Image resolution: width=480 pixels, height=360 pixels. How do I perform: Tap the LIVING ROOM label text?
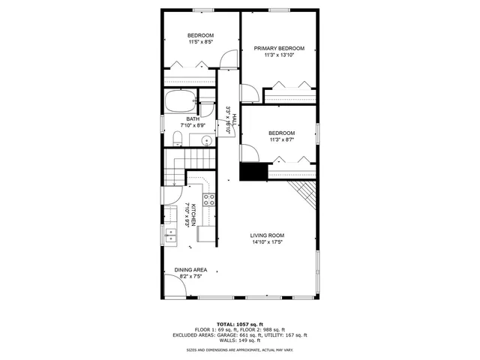(267, 235)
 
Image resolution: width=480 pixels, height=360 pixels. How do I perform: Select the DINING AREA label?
(190, 270)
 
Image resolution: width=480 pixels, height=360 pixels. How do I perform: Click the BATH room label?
(193, 118)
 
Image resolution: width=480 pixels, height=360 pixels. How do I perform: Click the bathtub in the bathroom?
(179, 100)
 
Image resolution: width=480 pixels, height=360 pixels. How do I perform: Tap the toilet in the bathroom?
(177, 138)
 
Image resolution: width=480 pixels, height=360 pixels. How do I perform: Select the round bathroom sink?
(205, 139)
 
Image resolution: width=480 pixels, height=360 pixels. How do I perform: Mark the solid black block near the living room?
(253, 172)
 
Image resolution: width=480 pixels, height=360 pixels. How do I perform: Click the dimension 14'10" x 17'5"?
(267, 242)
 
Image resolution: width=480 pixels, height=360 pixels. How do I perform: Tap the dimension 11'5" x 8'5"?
(200, 43)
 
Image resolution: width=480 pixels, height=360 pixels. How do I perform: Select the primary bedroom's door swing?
(250, 91)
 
